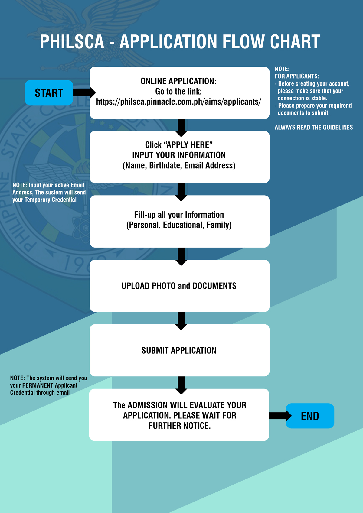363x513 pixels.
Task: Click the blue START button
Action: (x=49, y=93)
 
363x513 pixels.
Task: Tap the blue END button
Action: (x=310, y=416)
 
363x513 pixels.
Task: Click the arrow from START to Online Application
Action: (x=84, y=93)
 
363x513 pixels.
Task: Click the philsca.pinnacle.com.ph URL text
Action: (x=178, y=102)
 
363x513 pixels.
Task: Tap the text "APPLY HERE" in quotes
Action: (x=188, y=145)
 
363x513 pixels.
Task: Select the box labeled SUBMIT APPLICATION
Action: (x=179, y=350)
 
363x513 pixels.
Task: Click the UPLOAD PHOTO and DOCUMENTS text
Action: (x=179, y=286)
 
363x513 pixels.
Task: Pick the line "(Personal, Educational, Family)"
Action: (x=179, y=225)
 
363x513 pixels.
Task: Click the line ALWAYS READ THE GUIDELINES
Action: (x=313, y=128)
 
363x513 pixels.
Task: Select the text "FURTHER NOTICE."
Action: (x=179, y=426)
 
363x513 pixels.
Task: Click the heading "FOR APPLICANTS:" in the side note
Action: (x=296, y=76)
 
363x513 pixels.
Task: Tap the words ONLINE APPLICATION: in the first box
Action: (x=178, y=81)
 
